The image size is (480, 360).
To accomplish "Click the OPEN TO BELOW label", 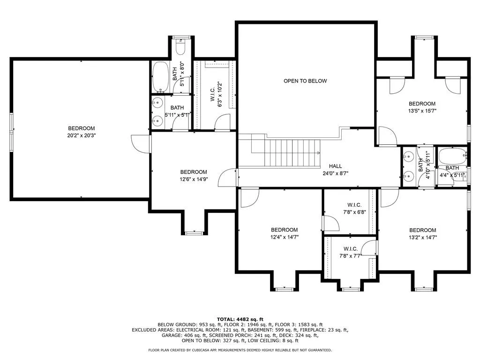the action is pyautogui.click(x=305, y=81).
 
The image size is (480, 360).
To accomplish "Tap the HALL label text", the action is pyautogui.click(x=335, y=166).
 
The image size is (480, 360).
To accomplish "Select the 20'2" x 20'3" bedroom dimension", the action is pyautogui.click(x=82, y=135).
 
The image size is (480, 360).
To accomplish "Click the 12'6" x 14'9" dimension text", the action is pyautogui.click(x=194, y=179).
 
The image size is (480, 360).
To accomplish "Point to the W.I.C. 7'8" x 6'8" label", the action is pyautogui.click(x=354, y=209).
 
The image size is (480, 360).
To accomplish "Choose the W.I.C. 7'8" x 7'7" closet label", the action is pyautogui.click(x=351, y=252).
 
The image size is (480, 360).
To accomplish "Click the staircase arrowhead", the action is pyautogui.click(x=318, y=153).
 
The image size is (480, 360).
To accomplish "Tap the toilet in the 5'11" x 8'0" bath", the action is pyautogui.click(x=180, y=47).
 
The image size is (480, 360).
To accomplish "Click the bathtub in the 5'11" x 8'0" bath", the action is pyautogui.click(x=160, y=77).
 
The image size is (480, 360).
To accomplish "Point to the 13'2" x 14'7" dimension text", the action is pyautogui.click(x=422, y=237).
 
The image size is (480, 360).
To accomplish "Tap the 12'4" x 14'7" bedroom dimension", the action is pyautogui.click(x=285, y=237).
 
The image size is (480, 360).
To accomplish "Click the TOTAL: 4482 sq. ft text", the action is pyautogui.click(x=240, y=319).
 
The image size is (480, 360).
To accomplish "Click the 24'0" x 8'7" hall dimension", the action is pyautogui.click(x=336, y=173).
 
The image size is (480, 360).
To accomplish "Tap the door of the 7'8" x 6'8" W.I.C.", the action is pyautogui.click(x=331, y=223).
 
